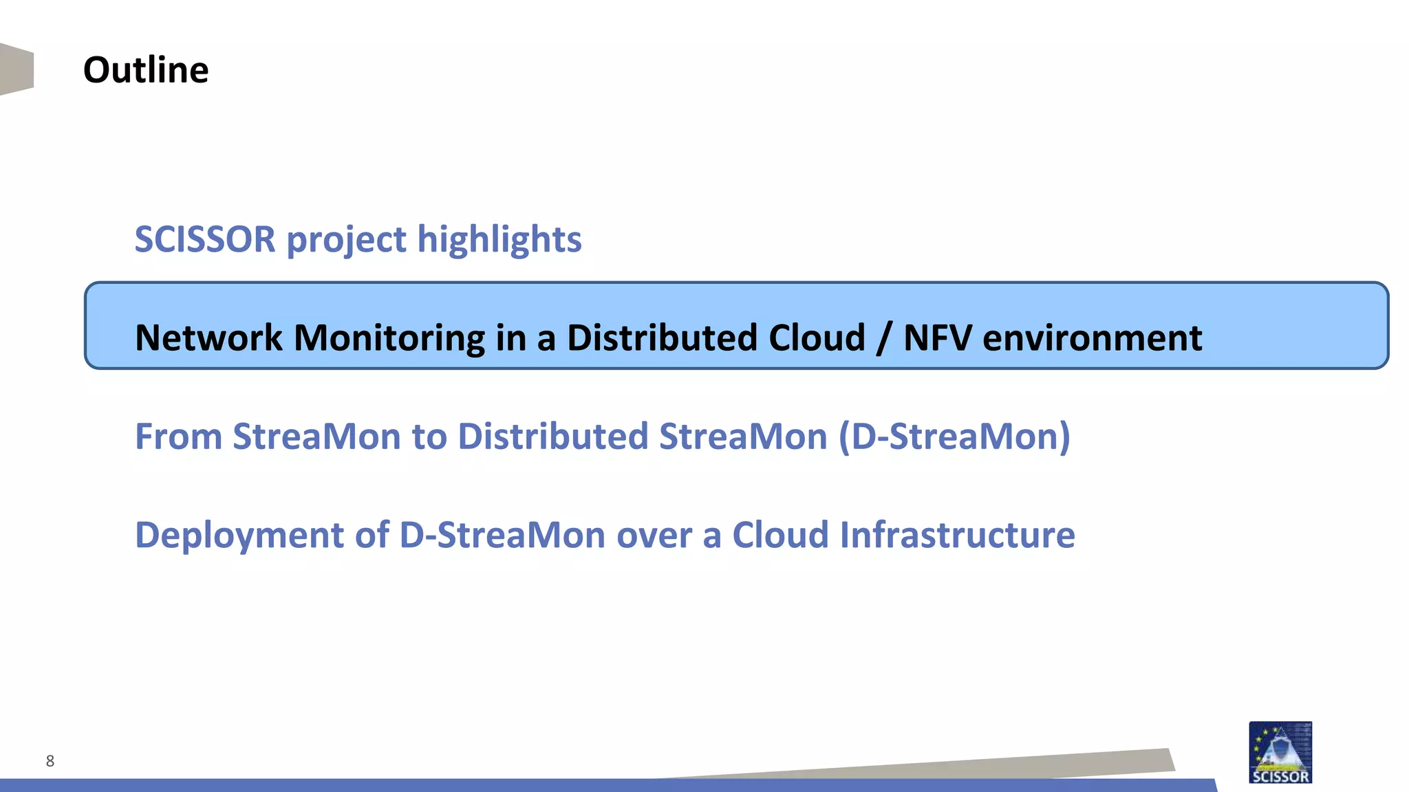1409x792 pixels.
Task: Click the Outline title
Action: tap(145, 70)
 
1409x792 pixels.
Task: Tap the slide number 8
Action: tap(50, 760)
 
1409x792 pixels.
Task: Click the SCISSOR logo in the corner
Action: tap(1280, 752)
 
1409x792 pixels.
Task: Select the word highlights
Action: tap(499, 240)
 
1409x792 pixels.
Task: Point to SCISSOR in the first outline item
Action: tap(205, 239)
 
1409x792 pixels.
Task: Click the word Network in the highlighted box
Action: tap(208, 338)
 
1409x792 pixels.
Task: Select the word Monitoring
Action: tap(389, 338)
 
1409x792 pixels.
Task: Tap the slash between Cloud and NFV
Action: tap(884, 339)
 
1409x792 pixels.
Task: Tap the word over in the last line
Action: tap(654, 536)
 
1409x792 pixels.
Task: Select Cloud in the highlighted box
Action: tap(817, 338)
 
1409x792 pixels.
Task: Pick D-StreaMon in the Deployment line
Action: tap(502, 535)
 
